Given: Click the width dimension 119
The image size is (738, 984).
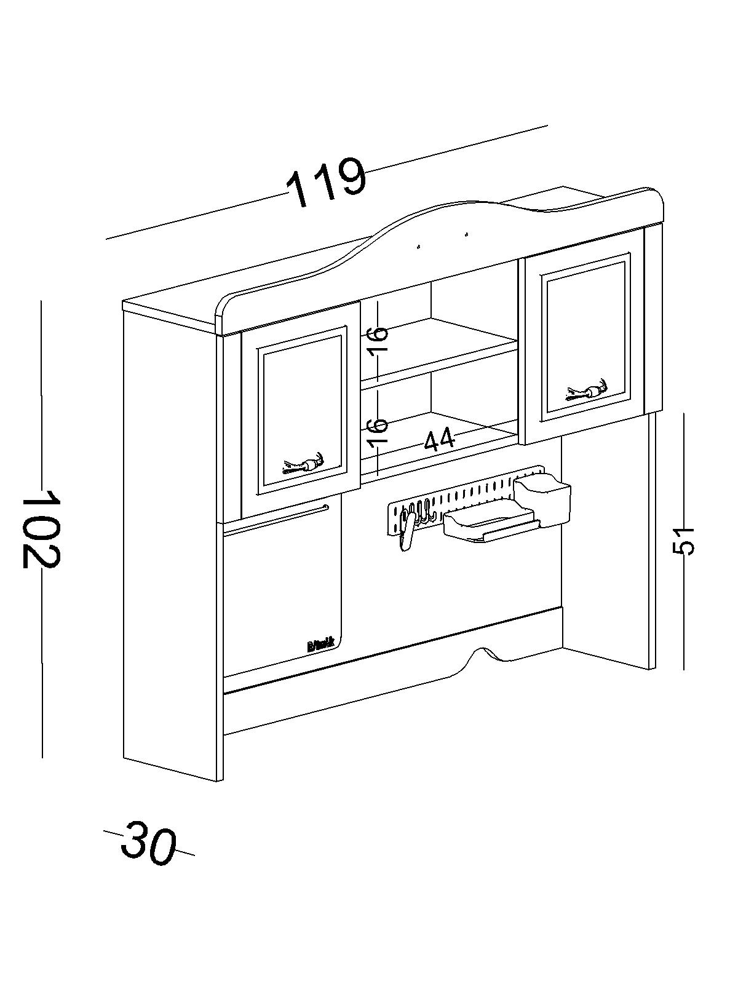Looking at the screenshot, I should pyautogui.click(x=327, y=181).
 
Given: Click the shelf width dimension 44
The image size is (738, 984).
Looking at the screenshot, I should pyautogui.click(x=440, y=439).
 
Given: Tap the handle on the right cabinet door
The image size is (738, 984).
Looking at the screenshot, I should pyautogui.click(x=587, y=391).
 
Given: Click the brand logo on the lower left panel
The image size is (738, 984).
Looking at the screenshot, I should pyautogui.click(x=319, y=645).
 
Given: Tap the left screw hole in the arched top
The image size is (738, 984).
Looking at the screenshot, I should pyautogui.click(x=418, y=247).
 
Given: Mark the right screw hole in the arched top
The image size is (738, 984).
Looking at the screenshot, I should pyautogui.click(x=466, y=234).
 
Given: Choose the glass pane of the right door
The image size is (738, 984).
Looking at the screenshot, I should pyautogui.click(x=584, y=338).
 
